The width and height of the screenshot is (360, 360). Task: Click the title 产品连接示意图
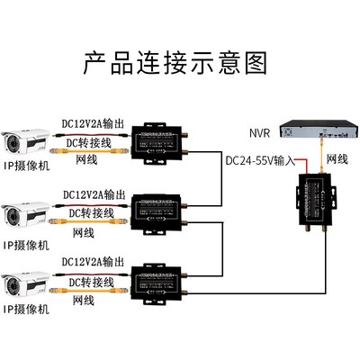[176, 64]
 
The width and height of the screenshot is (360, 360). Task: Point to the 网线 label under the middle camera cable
[83, 233]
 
